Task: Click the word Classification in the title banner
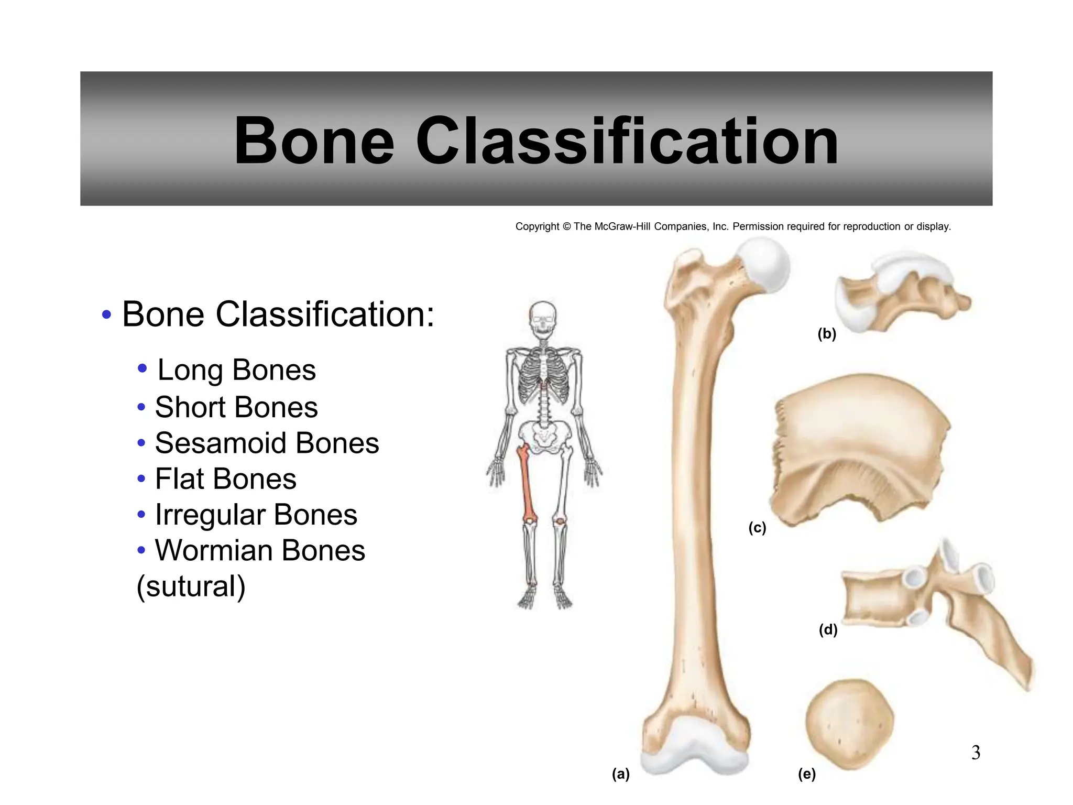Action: pos(627,141)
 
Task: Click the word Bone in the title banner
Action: pos(314,141)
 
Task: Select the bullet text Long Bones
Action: pos(236,370)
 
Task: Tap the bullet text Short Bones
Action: pos(236,407)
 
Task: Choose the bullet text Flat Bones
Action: pos(226,479)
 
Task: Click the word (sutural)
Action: pos(191,586)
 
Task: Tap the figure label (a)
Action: pos(621,774)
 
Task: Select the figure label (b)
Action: pos(827,333)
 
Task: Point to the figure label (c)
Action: pos(757,527)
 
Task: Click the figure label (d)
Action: pos(828,629)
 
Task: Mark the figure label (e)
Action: pos(807,774)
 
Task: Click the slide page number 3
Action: pos(976,753)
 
